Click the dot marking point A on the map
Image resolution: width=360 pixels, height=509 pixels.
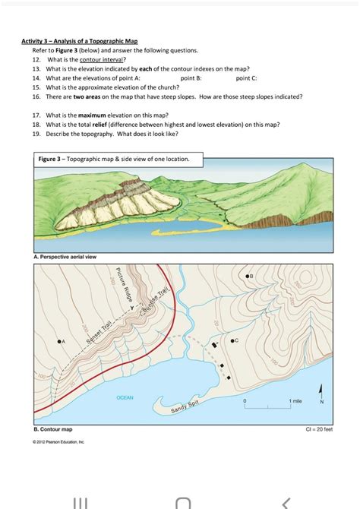tap(58, 343)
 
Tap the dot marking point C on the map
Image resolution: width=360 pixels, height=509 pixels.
tap(232, 342)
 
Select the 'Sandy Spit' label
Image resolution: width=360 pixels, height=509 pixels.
tap(184, 408)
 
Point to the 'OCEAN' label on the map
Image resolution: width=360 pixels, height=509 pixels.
tap(125, 397)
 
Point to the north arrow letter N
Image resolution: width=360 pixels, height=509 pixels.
tap(321, 403)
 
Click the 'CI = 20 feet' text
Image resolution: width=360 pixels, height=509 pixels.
tap(317, 429)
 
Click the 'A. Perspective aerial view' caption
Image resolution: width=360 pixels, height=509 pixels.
tap(65, 257)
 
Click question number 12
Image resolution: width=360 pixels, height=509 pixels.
tap(36, 58)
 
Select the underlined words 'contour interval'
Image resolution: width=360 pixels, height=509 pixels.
tap(107, 58)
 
